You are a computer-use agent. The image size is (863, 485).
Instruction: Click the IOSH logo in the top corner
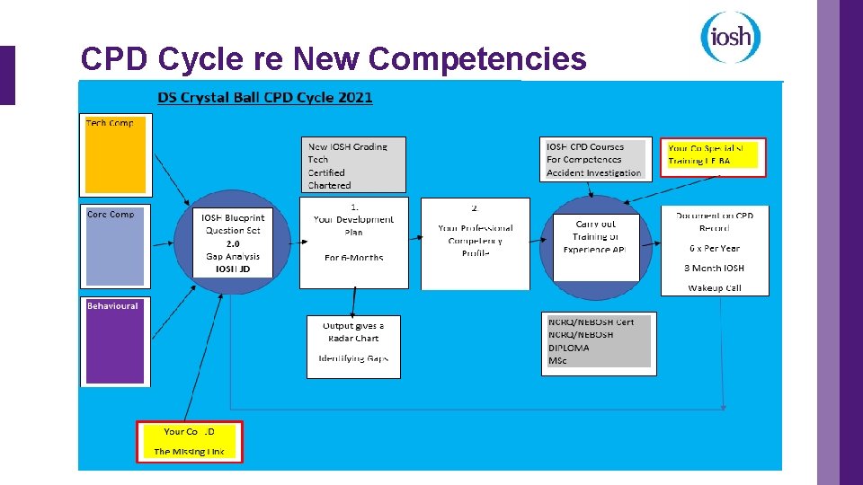(x=730, y=37)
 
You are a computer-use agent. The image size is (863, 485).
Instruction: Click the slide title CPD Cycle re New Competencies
(x=333, y=59)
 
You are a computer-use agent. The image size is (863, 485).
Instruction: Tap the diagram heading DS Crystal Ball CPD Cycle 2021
(x=264, y=97)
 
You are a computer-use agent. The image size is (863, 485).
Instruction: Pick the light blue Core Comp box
(x=115, y=247)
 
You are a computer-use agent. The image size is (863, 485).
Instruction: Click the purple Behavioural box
(x=115, y=341)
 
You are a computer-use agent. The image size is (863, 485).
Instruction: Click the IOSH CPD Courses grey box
(x=593, y=160)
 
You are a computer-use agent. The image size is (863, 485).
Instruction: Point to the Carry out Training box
(x=594, y=236)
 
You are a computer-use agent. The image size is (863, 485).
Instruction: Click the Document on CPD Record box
(x=715, y=250)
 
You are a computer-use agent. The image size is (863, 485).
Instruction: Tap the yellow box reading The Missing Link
(x=189, y=441)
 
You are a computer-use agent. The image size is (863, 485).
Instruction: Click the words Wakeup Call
(x=715, y=288)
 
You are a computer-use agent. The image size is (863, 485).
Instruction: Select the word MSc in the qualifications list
(x=558, y=361)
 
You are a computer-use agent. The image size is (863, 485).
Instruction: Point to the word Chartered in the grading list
(x=330, y=185)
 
